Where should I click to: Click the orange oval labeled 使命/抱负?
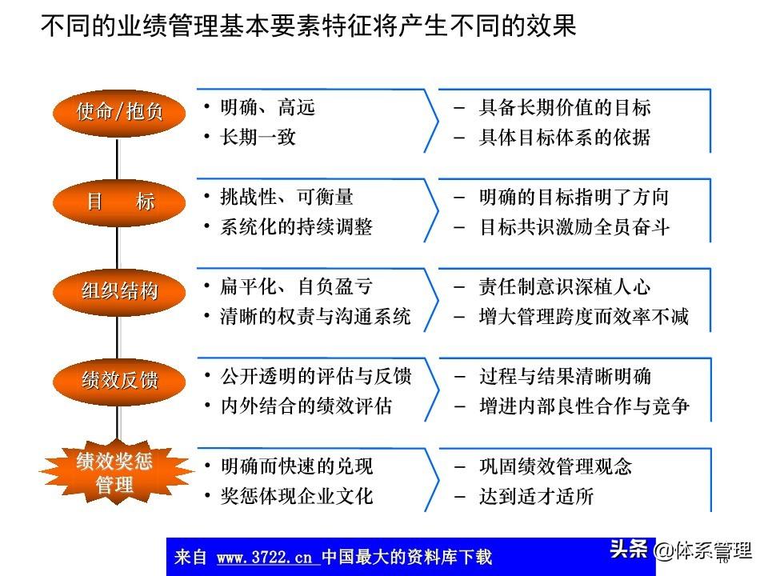click(118, 111)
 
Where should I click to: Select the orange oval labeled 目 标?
click(118, 202)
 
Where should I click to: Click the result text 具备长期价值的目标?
click(565, 107)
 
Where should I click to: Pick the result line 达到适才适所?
click(536, 496)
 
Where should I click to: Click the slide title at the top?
click(308, 26)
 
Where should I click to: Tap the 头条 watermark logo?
click(628, 550)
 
